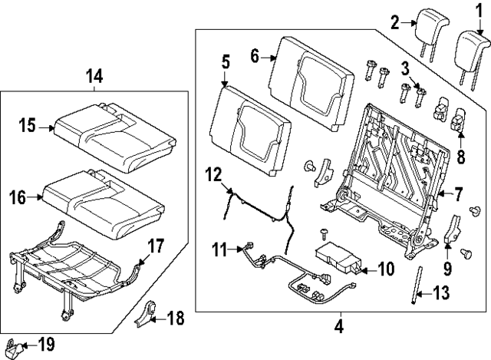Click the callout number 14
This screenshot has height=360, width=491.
(94, 75)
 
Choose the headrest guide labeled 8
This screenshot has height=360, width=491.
(460, 121)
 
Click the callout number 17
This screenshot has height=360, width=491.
(156, 246)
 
